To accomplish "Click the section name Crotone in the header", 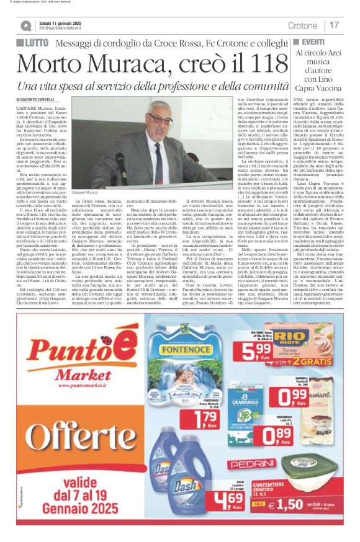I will [x=302, y=25].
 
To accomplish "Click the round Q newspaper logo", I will [x=25, y=25].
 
